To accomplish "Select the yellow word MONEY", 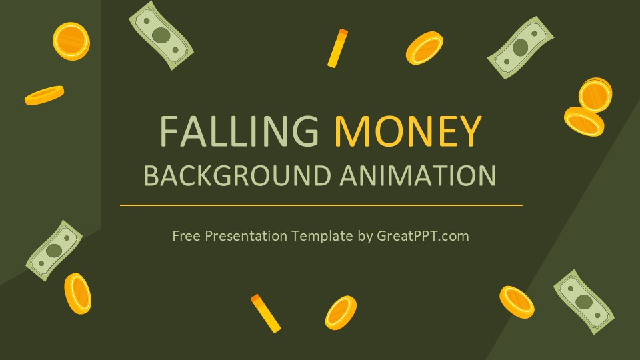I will click(x=407, y=131).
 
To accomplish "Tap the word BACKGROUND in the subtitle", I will click(x=237, y=176).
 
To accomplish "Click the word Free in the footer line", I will click(x=185, y=235).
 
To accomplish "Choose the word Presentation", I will click(x=247, y=236).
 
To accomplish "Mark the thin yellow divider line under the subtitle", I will click(x=321, y=205).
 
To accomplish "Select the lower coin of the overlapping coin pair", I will click(x=584, y=121).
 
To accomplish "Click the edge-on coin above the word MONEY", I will click(x=338, y=48).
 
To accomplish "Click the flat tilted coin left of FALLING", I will click(x=44, y=95).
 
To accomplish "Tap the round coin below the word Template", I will click(x=341, y=313).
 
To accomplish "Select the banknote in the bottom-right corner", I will click(x=583, y=301).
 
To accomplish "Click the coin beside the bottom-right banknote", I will click(x=517, y=302).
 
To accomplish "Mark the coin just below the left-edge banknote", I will click(x=77, y=293).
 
